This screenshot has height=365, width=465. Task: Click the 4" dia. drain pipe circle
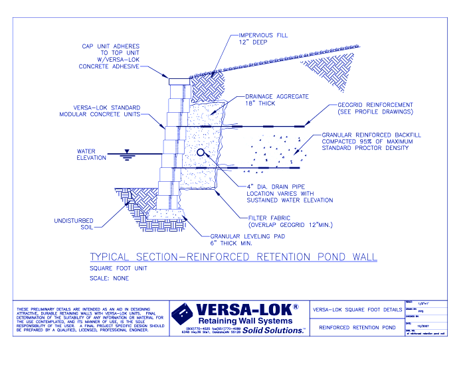[x=201, y=152]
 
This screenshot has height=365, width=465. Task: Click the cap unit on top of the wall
[x=179, y=82]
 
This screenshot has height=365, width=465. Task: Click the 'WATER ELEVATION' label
[x=92, y=154]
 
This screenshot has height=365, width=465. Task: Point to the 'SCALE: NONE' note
[x=109, y=279]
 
